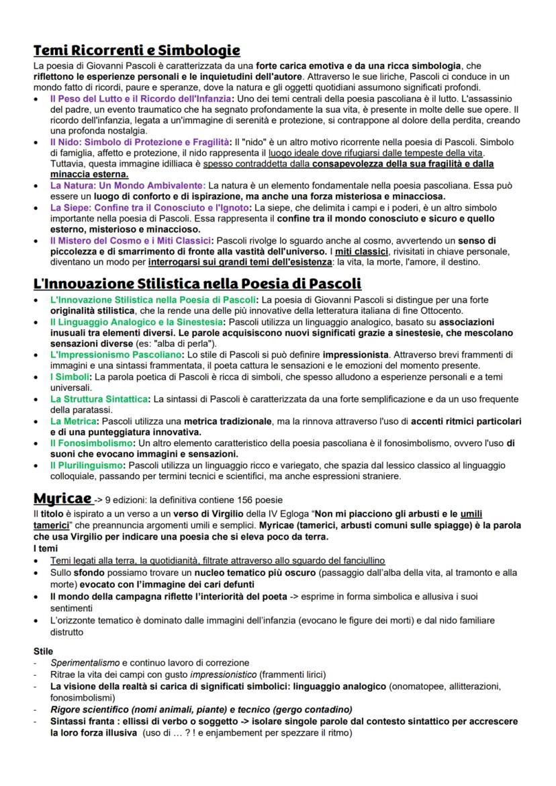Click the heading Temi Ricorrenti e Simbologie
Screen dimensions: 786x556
137,50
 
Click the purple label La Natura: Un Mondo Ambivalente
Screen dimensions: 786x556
127,185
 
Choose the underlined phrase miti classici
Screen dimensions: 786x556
363,251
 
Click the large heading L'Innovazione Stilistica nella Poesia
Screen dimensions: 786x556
197,283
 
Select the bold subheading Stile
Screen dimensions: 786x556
43,651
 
